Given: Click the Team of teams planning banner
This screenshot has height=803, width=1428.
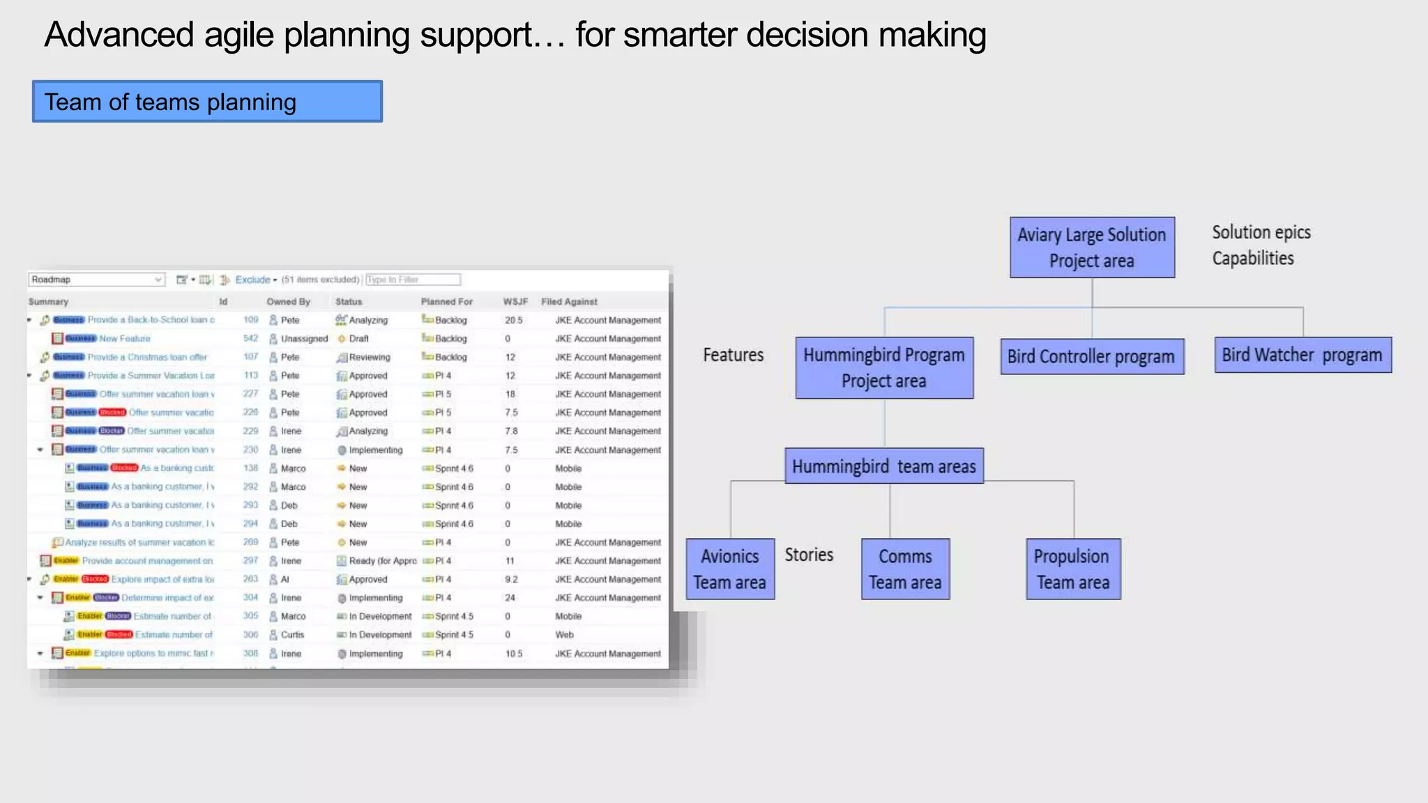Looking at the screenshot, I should click(x=207, y=102).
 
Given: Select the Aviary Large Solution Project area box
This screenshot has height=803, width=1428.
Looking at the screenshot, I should click(x=1092, y=247).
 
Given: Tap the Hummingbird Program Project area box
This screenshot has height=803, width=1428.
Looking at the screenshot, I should click(x=884, y=368).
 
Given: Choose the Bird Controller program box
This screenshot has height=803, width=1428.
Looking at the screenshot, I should click(x=1092, y=356).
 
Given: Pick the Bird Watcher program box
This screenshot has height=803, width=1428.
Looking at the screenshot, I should click(x=1302, y=355).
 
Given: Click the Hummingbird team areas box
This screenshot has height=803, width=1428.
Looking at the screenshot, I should click(x=884, y=466).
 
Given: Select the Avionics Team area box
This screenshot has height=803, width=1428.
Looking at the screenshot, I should click(x=730, y=569).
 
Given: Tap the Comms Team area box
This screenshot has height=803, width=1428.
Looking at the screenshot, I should click(x=905, y=569).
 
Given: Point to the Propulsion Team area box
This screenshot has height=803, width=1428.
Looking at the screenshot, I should click(x=1073, y=569).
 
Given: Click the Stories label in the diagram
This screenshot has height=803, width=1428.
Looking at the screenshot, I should click(x=809, y=555).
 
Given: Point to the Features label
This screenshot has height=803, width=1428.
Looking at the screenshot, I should click(x=733, y=355).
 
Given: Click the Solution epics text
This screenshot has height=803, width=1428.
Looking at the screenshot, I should click(x=1261, y=232).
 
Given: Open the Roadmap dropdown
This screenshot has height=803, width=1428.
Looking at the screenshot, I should click(x=97, y=280).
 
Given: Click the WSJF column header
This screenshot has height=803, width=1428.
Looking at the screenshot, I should click(x=515, y=302).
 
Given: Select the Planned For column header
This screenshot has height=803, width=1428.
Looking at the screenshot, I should click(x=446, y=302).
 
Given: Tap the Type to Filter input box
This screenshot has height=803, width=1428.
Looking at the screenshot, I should click(x=413, y=280).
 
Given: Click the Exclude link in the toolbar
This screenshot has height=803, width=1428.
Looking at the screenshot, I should click(x=253, y=280).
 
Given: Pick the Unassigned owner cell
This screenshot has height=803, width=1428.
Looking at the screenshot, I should click(x=304, y=339).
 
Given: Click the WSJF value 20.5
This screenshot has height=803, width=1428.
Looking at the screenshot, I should click(x=513, y=320).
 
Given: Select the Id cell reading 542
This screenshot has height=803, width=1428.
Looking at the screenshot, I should click(x=250, y=339).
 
